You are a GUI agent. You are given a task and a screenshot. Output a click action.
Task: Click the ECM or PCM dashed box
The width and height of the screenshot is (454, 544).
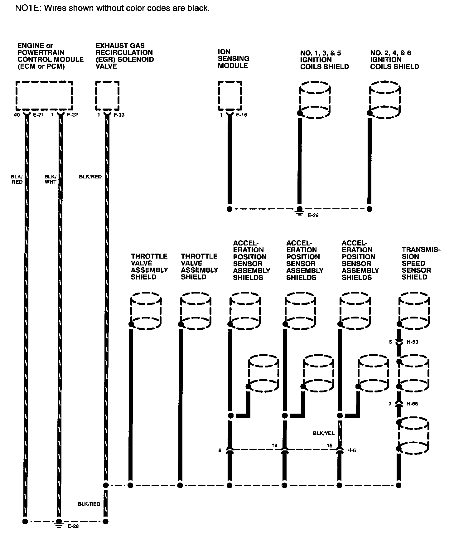point(44,95)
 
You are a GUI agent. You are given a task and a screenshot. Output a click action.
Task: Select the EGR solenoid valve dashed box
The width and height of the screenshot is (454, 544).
point(107,95)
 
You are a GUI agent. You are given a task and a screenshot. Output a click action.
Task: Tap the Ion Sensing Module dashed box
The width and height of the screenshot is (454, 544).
point(230,95)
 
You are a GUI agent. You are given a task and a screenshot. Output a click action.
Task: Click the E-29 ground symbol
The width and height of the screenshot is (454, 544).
point(299,213)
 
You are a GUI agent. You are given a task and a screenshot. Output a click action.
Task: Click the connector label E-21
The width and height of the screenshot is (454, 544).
point(39,115)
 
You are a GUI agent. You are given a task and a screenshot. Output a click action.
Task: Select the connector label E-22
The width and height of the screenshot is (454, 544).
point(72,115)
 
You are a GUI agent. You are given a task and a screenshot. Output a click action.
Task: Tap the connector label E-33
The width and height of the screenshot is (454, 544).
point(119,115)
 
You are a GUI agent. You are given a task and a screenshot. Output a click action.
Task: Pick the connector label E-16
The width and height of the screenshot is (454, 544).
point(242,115)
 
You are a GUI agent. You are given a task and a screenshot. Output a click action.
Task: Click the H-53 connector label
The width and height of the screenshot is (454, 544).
point(413,342)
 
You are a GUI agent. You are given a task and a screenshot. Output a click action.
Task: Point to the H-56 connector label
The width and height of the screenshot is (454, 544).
point(413,404)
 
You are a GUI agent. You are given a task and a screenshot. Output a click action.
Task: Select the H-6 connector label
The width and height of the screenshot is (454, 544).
point(351,450)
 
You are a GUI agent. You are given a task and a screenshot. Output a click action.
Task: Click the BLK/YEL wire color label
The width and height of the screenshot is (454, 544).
point(323,433)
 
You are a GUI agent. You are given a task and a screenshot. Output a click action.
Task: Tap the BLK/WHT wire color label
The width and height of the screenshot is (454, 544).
point(50,179)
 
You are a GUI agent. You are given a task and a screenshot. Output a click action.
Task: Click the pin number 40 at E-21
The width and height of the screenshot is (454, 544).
point(17,115)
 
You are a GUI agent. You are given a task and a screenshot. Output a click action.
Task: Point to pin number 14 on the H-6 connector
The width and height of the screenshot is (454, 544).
point(274,445)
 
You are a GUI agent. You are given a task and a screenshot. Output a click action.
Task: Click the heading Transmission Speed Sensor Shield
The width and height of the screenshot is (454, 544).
point(421,263)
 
